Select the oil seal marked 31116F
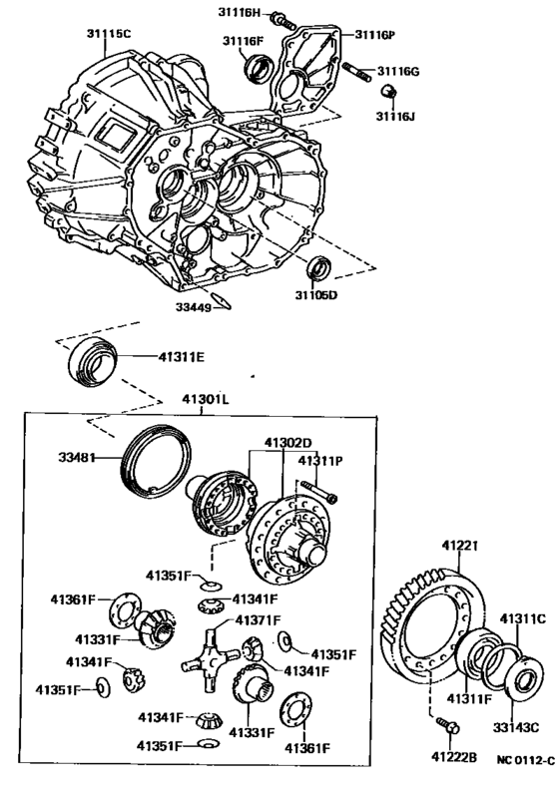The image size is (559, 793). (x=259, y=68)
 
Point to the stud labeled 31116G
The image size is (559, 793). (x=357, y=70)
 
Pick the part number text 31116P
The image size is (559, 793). (x=373, y=34)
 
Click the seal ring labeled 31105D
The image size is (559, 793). (x=317, y=267)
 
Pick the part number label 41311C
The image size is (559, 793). (x=523, y=618)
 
